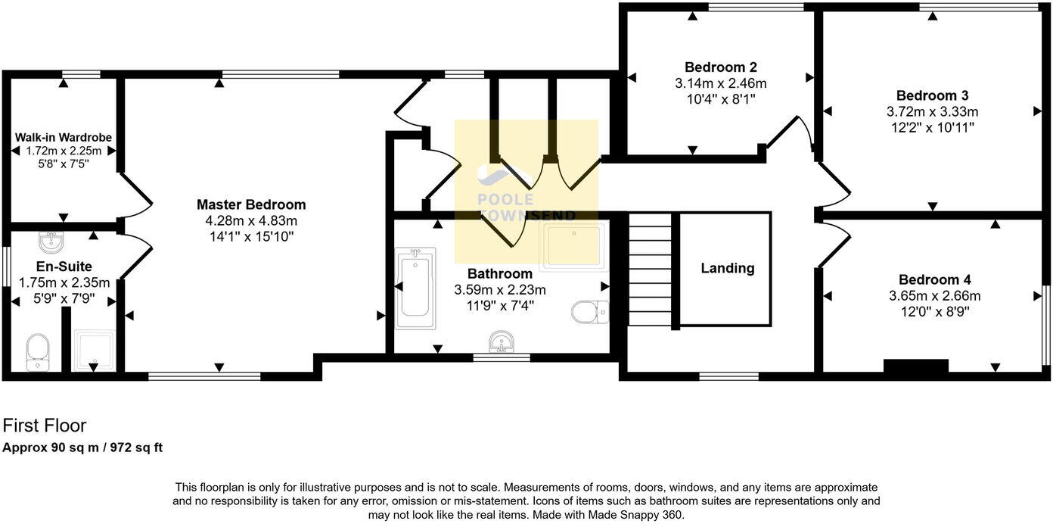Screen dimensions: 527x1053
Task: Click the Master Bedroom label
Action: pos(251,204)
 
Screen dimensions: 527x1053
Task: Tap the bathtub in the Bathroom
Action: pos(415,288)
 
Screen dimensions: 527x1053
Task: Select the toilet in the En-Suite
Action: pos(37,353)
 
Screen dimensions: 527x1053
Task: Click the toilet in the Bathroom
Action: pos(590,311)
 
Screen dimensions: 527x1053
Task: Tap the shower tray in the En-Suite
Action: pos(94,350)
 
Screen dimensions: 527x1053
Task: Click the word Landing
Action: pos(727,268)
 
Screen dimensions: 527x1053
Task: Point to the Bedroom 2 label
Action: pos(720,67)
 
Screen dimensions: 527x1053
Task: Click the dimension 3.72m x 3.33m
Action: pos(932,112)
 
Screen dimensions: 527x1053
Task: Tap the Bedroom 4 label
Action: pos(934,279)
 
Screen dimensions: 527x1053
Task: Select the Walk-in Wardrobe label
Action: pos(64,138)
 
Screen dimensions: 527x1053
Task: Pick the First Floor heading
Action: pos(45,426)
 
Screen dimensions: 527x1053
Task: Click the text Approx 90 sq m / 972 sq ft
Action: pos(82,447)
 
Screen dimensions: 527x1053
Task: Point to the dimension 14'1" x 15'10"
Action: pos(251,237)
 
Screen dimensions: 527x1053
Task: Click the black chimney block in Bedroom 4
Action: pos(915,366)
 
